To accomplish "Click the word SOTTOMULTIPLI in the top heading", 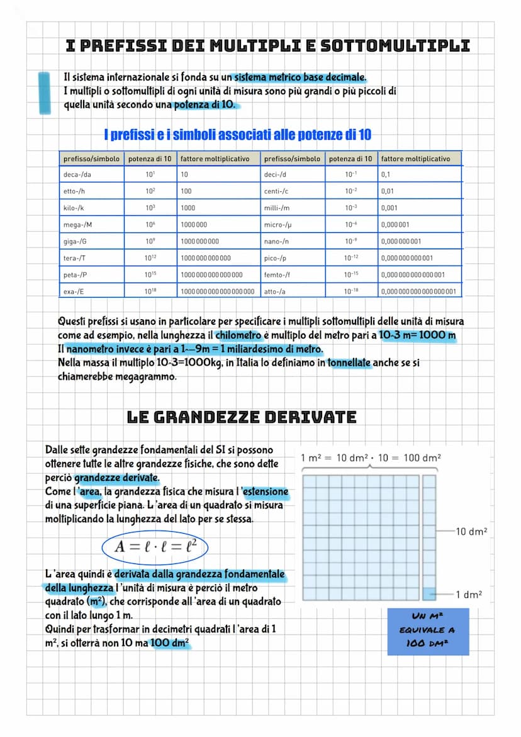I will [395, 46].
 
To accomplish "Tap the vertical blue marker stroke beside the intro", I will [43, 93].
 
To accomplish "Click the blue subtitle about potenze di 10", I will [237, 135].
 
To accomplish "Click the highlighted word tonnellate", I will [349, 363].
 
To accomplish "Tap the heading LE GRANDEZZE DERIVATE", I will [242, 417].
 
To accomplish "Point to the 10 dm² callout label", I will [471, 532].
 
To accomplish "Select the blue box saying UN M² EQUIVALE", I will [428, 630].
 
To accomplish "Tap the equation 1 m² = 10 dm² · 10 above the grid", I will [371, 458].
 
